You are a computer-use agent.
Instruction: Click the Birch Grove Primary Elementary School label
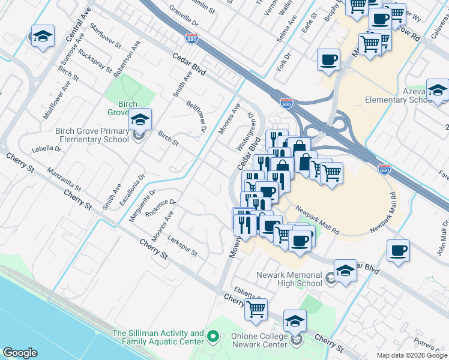coord(92,135)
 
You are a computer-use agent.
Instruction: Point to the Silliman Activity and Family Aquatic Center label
coord(158,337)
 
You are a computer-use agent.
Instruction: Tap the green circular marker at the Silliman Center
coord(212,337)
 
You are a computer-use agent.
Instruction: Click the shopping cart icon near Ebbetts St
coord(256,309)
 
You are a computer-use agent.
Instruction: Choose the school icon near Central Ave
coord(43,37)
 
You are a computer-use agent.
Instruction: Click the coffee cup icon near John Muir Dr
coord(398,250)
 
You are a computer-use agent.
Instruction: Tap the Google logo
coord(20,353)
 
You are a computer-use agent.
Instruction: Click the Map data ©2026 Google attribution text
coord(411,355)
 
